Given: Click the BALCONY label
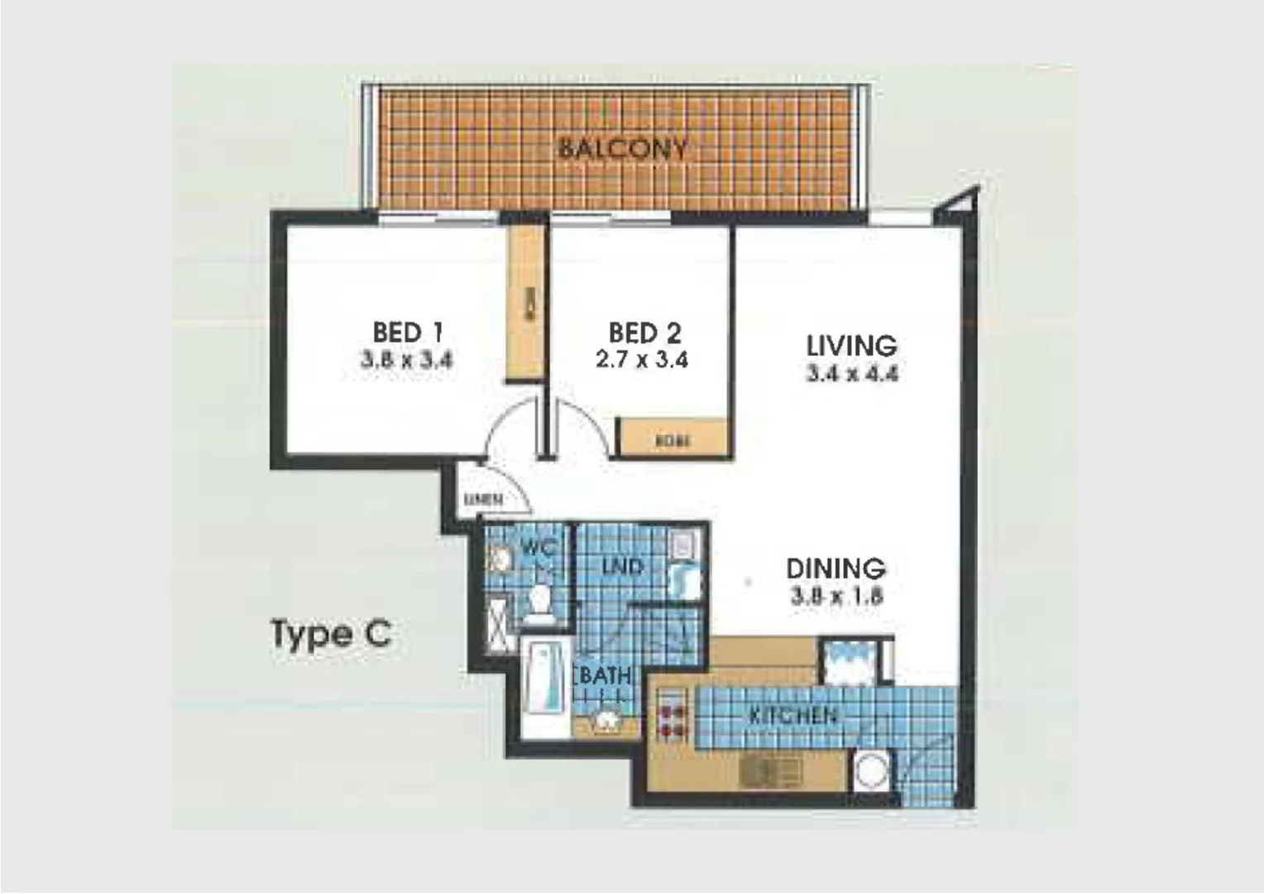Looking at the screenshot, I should point(622,149).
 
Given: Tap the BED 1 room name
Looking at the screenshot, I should point(408,332).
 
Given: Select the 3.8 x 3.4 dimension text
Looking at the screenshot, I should point(407,360).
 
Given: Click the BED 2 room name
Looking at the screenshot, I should point(644,333).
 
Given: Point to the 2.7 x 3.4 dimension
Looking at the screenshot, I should point(642,360).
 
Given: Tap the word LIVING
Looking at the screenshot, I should point(851,344).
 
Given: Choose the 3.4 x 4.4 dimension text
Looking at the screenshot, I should point(851,373).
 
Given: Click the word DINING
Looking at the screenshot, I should point(835,569).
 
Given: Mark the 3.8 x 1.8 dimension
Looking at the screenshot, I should point(836,596).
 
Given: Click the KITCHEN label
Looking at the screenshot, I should point(792,715).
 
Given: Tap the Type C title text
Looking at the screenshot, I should point(331,635).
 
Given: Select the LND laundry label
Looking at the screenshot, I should point(622,567).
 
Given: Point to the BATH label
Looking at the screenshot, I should point(606,675).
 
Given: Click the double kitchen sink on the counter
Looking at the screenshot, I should point(770,773).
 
